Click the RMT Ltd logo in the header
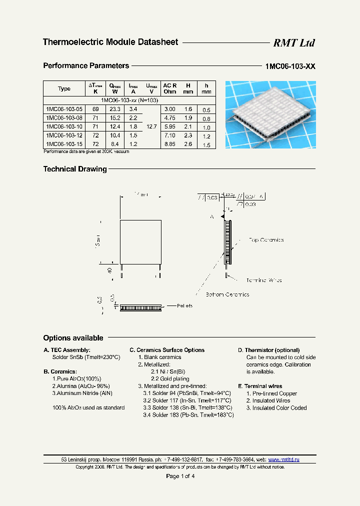293,43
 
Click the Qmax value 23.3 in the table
115,108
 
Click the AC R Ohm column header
170,88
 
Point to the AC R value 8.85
170,143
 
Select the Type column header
64,88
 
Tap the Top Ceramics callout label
266,240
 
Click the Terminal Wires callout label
264,280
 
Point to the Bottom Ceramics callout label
227,294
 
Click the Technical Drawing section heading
75,169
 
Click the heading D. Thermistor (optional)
268,350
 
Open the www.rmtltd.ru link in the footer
283,459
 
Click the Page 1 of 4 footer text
180,476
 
